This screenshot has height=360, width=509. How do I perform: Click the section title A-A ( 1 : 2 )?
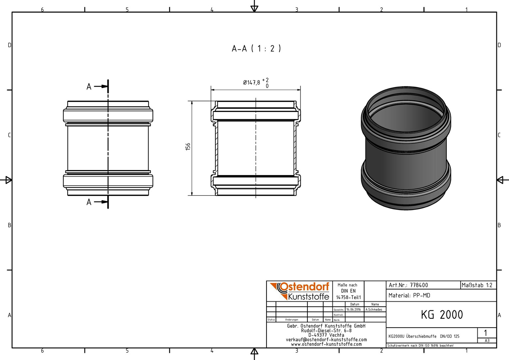[256, 48]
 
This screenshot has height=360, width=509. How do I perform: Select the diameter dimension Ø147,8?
[251, 82]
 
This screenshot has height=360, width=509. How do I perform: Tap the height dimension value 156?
[188, 146]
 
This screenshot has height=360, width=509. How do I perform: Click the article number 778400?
[419, 285]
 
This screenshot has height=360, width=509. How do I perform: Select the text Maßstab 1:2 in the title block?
[477, 285]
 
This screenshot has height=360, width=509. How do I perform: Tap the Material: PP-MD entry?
[409, 295]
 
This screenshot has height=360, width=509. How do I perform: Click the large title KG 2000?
[442, 315]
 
